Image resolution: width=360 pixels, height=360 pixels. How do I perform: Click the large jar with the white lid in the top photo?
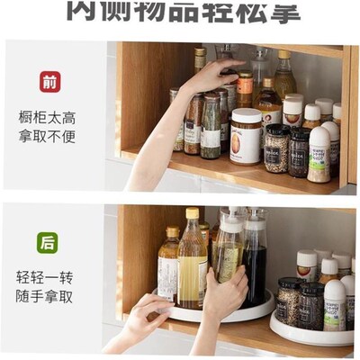click(246, 135)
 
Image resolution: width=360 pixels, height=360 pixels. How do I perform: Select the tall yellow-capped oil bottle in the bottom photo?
click(191, 261)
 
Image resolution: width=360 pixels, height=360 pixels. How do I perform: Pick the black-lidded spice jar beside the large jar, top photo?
click(276, 148)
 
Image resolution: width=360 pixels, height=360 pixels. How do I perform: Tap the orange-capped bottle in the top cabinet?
click(245, 90)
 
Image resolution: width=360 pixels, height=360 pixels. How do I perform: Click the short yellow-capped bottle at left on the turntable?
click(168, 265)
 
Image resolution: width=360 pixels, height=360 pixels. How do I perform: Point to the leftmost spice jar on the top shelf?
click(176, 121)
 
